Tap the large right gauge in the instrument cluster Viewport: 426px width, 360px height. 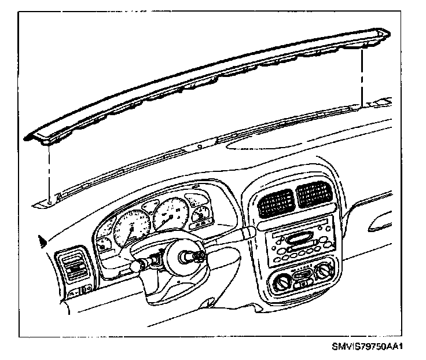(170, 217)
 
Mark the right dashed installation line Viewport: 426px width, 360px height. (362, 75)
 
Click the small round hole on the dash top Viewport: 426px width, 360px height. (200, 147)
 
